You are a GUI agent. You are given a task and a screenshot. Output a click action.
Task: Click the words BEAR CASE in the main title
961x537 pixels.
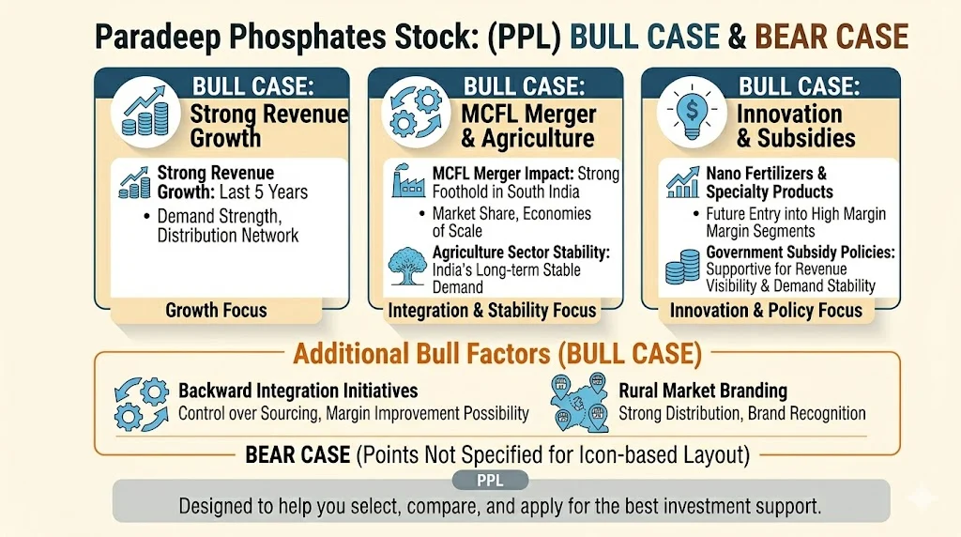pyautogui.click(x=831, y=37)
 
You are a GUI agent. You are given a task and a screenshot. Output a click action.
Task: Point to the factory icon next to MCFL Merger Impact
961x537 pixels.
pyautogui.click(x=407, y=184)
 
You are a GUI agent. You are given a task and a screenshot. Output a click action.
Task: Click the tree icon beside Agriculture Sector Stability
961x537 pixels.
pyautogui.click(x=407, y=266)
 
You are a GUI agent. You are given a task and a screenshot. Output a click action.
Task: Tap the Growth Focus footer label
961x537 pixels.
pyautogui.click(x=216, y=310)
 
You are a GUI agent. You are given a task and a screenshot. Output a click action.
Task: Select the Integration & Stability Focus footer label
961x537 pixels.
pyautogui.click(x=492, y=310)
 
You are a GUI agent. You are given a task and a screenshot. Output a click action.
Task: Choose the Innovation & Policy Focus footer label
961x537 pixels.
pyautogui.click(x=766, y=310)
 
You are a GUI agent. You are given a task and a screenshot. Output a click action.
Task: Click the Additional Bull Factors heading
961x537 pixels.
pyautogui.click(x=497, y=354)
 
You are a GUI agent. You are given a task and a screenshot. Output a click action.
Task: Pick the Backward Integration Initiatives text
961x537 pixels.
pyautogui.click(x=298, y=391)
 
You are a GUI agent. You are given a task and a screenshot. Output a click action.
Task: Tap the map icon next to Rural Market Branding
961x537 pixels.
pyautogui.click(x=579, y=403)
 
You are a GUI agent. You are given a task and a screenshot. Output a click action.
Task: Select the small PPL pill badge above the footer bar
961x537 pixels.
pyautogui.click(x=490, y=481)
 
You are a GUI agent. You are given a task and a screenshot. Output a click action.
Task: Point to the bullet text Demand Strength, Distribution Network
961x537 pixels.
pyautogui.click(x=228, y=225)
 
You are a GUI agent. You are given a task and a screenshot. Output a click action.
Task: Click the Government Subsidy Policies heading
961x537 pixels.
pyautogui.click(x=800, y=253)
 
